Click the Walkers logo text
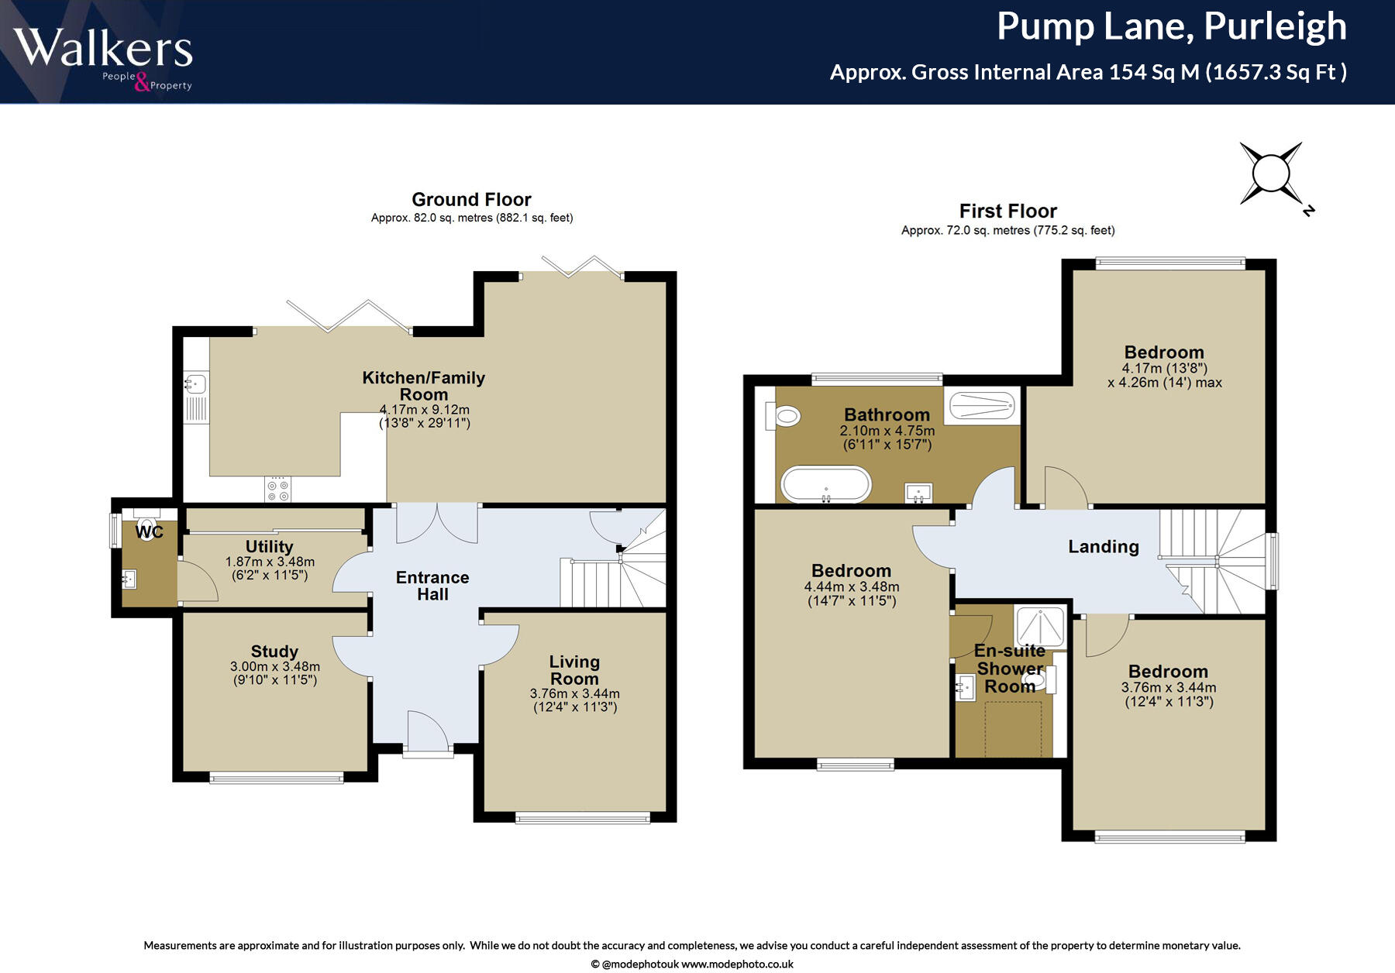tap(103, 48)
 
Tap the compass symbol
tap(1271, 174)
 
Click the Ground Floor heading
tap(471, 200)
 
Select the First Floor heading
tap(1007, 211)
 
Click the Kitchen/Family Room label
tap(424, 386)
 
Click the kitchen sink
tap(195, 383)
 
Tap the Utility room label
tap(269, 547)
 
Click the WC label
tap(149, 532)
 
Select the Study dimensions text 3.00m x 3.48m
tap(274, 667)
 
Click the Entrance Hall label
tap(432, 586)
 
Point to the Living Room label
tap(574, 670)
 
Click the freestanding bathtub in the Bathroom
tap(826, 485)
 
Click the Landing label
tap(1103, 547)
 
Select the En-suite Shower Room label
tap(1009, 669)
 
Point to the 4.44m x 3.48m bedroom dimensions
tap(852, 587)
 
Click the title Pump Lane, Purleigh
tap(1171, 27)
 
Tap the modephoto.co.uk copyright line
tap(691, 964)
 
